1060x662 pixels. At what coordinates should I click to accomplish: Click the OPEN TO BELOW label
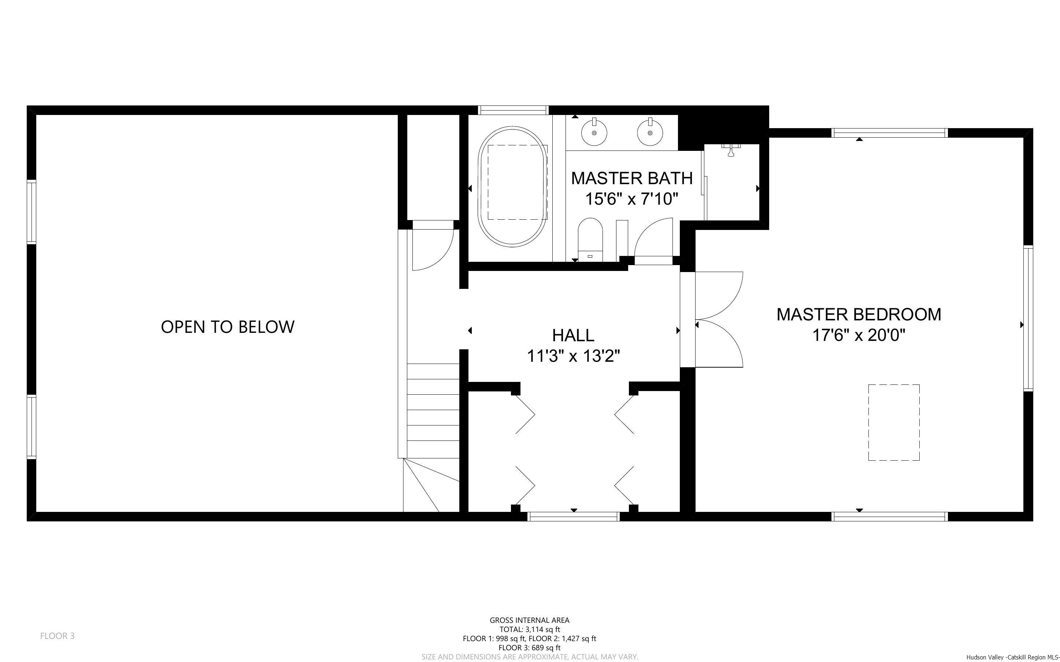coord(228,327)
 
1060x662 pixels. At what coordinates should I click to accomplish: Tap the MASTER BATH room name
coord(632,178)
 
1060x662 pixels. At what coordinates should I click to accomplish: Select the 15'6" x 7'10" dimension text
coord(632,199)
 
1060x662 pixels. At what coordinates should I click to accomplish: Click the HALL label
coord(573,335)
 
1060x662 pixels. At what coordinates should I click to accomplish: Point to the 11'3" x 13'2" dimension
coord(574,356)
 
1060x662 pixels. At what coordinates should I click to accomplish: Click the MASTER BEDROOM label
coord(859,315)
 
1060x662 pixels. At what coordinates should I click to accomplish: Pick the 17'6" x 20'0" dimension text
coord(859,335)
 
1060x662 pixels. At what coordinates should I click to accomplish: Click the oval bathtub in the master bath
coord(513,186)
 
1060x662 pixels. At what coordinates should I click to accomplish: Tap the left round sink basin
coord(594,132)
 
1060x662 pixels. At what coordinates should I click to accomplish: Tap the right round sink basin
coord(650,132)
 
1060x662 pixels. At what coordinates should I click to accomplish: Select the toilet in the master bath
coord(590,239)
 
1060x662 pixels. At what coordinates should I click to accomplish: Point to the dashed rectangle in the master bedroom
coord(894,423)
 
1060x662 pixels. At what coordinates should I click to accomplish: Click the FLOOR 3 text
coord(58,636)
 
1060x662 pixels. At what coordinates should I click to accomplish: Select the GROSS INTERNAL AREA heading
coord(529,620)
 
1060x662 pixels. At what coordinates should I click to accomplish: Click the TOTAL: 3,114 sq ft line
coord(529,629)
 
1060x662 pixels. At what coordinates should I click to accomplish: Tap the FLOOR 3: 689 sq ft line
coord(529,648)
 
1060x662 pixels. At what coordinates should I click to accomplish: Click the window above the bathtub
coord(513,110)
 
